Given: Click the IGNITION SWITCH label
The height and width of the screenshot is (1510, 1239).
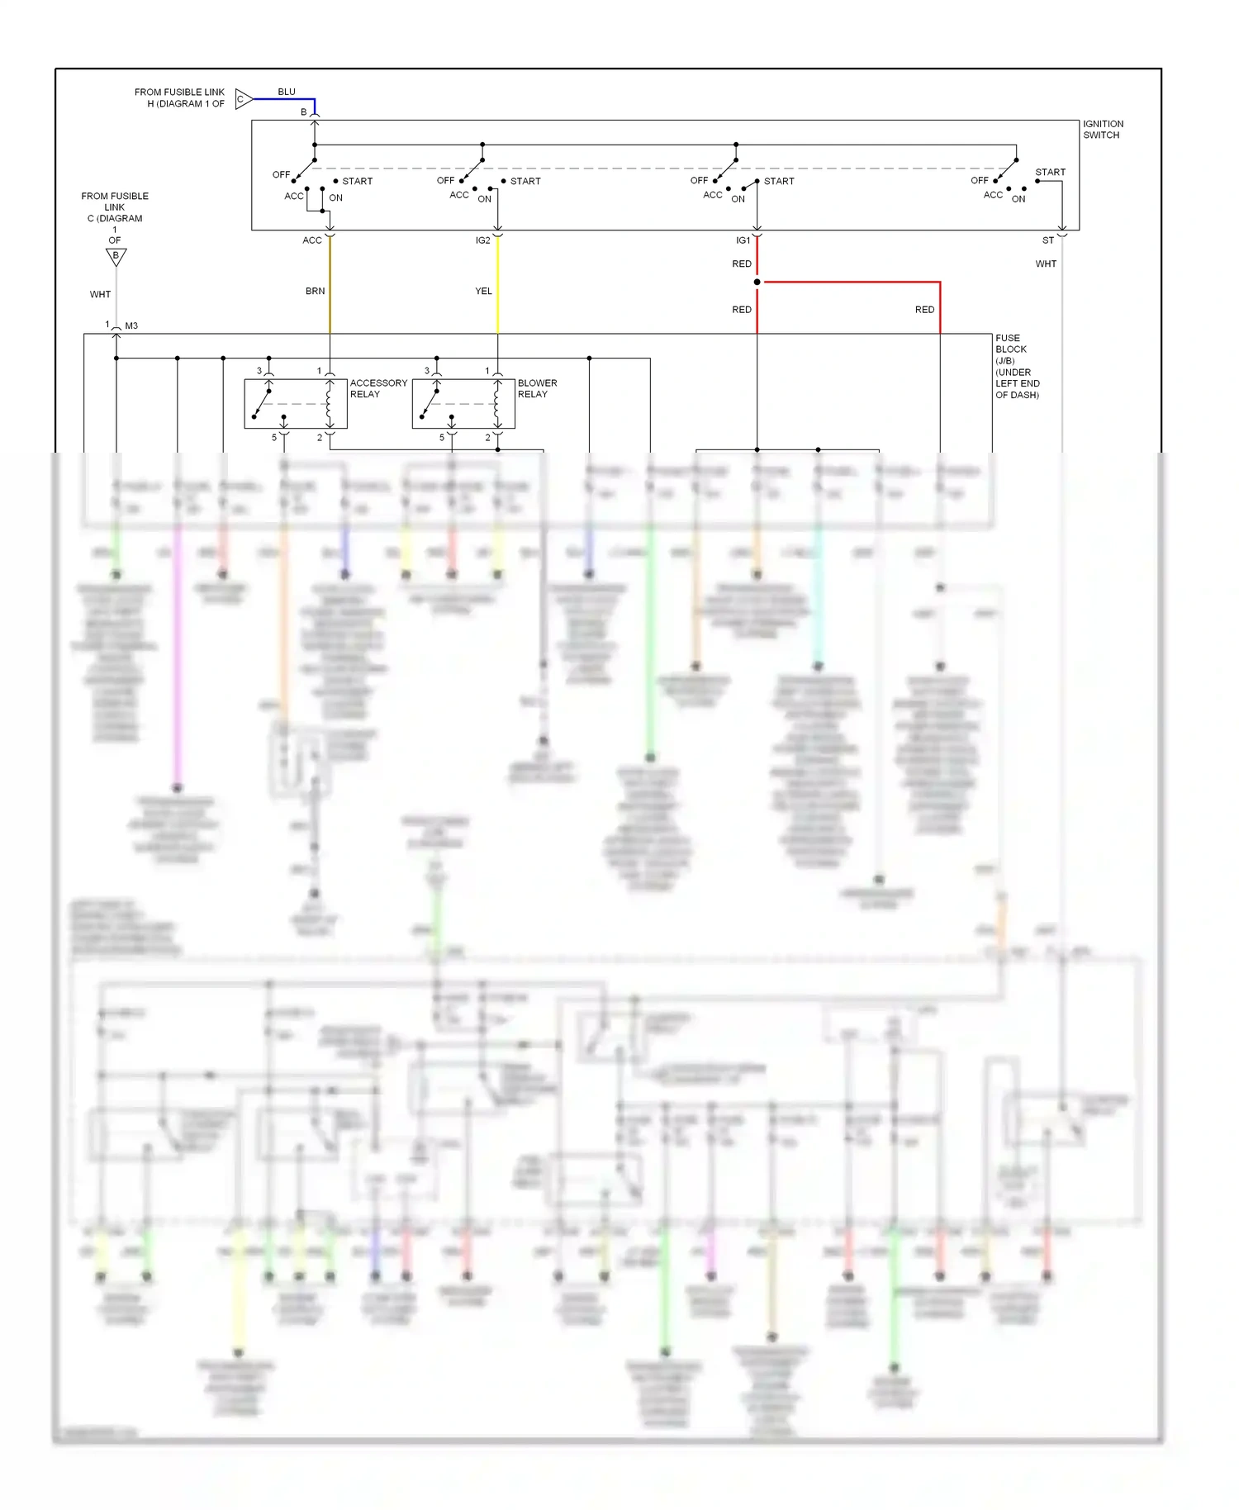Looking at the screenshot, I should click(x=1102, y=130).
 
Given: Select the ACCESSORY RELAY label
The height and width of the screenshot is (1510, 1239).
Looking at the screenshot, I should click(x=377, y=388).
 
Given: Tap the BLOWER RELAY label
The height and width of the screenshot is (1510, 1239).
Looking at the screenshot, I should click(x=537, y=388).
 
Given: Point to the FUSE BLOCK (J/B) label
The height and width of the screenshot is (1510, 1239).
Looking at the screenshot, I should click(x=1016, y=366).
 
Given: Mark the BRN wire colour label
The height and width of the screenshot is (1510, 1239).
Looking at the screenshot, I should click(x=315, y=291).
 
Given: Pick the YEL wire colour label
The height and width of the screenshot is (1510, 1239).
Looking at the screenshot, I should click(x=483, y=291).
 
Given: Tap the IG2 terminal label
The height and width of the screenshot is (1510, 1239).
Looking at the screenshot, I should click(x=482, y=240).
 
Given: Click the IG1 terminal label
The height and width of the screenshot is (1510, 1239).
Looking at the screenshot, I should click(x=743, y=240).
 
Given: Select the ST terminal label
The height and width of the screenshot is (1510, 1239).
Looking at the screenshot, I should click(x=1047, y=240).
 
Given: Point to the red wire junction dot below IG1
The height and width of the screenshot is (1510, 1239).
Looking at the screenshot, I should click(x=757, y=282).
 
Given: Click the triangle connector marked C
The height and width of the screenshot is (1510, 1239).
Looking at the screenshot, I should click(x=243, y=99).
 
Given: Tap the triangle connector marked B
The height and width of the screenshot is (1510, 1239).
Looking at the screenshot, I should click(x=116, y=257).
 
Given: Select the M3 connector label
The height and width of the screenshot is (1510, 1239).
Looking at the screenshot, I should click(x=131, y=325).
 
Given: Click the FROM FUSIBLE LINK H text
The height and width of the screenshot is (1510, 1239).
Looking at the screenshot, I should click(x=179, y=97).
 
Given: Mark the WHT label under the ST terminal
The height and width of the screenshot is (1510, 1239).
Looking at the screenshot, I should click(x=1046, y=264).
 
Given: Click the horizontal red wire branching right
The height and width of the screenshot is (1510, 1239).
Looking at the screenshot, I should click(x=851, y=282).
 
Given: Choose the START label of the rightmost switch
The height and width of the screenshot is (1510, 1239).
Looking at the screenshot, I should click(x=1050, y=172).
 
